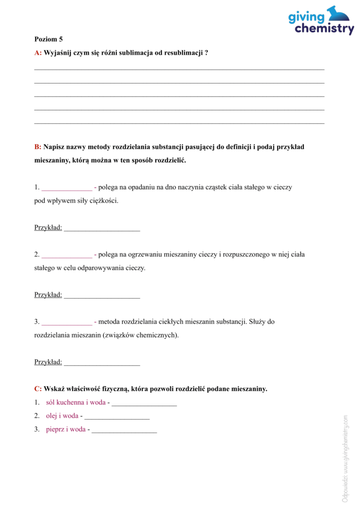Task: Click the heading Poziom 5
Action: click(x=49, y=39)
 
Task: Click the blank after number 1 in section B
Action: click(x=67, y=188)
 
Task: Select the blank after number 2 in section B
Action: click(x=67, y=255)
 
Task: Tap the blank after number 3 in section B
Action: click(x=67, y=322)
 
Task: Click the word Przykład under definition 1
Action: click(x=48, y=228)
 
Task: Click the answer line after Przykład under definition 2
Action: click(x=102, y=296)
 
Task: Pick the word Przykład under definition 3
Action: click(x=48, y=362)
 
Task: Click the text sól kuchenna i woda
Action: click(x=76, y=402)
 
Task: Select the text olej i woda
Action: click(x=62, y=416)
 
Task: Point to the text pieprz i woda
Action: click(x=66, y=429)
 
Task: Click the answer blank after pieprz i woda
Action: click(x=124, y=430)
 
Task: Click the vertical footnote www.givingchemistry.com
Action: click(x=345, y=458)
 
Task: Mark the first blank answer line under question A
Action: click(x=179, y=69)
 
